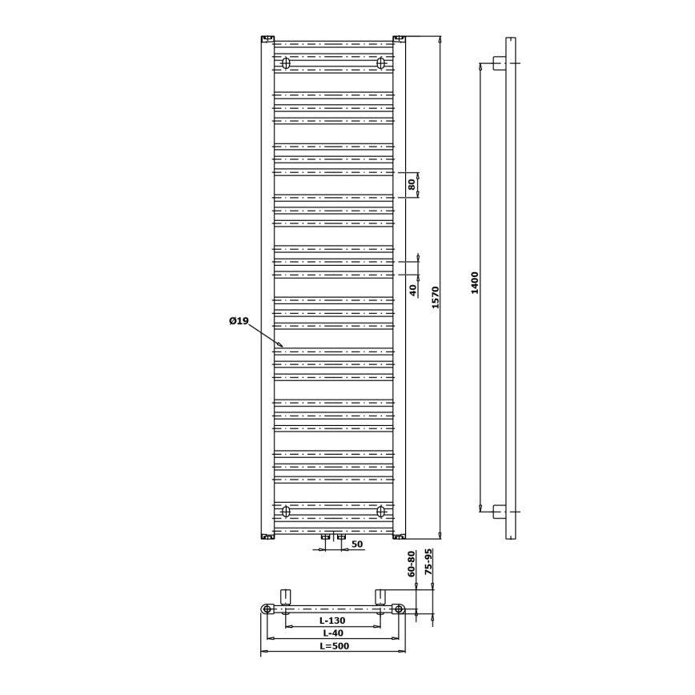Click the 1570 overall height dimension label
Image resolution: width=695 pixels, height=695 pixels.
click(x=436, y=297)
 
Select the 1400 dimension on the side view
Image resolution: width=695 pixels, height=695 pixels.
click(x=475, y=283)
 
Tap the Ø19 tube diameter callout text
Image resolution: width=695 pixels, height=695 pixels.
click(x=239, y=321)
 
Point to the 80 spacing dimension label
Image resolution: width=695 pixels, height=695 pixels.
click(x=412, y=184)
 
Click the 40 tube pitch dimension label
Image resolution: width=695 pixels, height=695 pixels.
click(x=413, y=290)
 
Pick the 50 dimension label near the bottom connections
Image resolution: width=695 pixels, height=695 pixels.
click(x=357, y=544)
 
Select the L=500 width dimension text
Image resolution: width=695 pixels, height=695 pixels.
click(x=334, y=645)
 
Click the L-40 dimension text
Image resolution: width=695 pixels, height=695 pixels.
click(x=331, y=633)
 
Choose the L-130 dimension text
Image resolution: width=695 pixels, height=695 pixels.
click(x=332, y=621)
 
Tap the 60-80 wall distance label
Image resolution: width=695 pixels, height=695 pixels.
click(x=412, y=564)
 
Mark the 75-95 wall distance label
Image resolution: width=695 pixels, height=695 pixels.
click(x=428, y=562)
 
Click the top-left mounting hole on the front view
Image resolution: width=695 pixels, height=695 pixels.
click(x=286, y=63)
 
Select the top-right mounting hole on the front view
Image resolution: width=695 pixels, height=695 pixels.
click(x=380, y=63)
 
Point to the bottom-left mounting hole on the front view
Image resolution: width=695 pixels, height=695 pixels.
click(x=286, y=511)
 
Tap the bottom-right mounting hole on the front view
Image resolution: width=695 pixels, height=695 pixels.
click(x=380, y=511)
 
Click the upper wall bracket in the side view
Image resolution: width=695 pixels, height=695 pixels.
click(x=499, y=62)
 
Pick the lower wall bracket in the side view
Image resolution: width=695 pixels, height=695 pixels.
click(x=499, y=511)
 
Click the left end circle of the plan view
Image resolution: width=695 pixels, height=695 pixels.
click(x=267, y=609)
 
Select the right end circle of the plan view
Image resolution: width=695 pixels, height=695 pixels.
click(x=399, y=609)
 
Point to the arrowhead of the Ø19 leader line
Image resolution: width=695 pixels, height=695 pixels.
click(x=281, y=346)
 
